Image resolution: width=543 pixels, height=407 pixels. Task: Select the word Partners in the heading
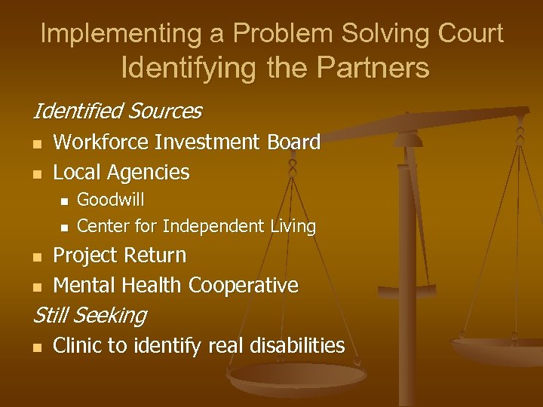[374, 68]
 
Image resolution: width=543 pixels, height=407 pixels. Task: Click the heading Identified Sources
[116, 112]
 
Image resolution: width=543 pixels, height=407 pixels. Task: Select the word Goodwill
[111, 200]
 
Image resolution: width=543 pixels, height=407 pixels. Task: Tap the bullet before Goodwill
[64, 201]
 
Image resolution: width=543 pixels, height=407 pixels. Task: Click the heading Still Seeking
[89, 315]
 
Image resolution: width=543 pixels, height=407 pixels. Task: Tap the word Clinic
[77, 346]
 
